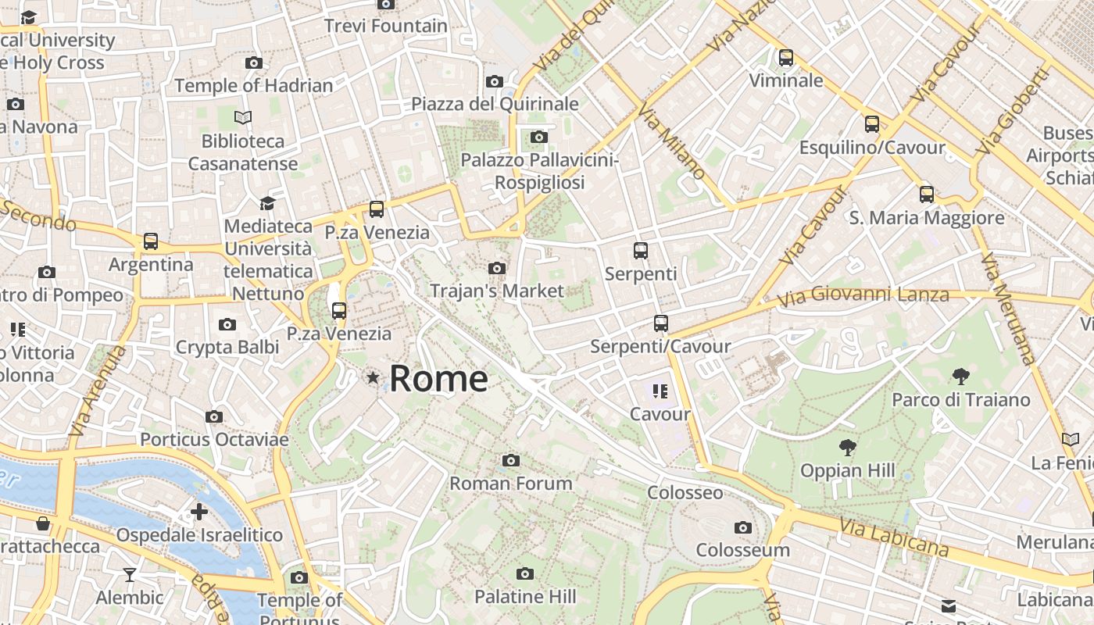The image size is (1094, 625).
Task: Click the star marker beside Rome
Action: (373, 378)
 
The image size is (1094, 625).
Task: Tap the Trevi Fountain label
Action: (386, 26)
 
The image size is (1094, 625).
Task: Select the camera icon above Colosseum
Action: (743, 528)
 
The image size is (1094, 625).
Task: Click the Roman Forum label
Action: (511, 484)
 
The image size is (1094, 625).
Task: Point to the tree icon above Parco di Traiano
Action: (960, 377)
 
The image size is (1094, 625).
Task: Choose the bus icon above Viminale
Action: (785, 58)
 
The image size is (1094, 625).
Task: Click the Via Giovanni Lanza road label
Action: (863, 295)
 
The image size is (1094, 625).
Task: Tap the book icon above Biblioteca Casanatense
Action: (243, 118)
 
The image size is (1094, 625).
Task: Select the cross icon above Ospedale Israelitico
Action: (199, 512)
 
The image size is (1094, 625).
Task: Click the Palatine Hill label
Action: (525, 597)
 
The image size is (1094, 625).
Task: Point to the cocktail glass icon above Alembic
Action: (130, 576)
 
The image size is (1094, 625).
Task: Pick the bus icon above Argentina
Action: (151, 242)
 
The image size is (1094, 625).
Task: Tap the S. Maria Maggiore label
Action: (927, 218)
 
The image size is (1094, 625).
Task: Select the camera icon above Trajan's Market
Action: (496, 269)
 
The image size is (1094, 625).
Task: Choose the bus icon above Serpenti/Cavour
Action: (660, 323)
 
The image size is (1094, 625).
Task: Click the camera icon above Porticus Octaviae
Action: (214, 417)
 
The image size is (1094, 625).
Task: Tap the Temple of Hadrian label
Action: (254, 85)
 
